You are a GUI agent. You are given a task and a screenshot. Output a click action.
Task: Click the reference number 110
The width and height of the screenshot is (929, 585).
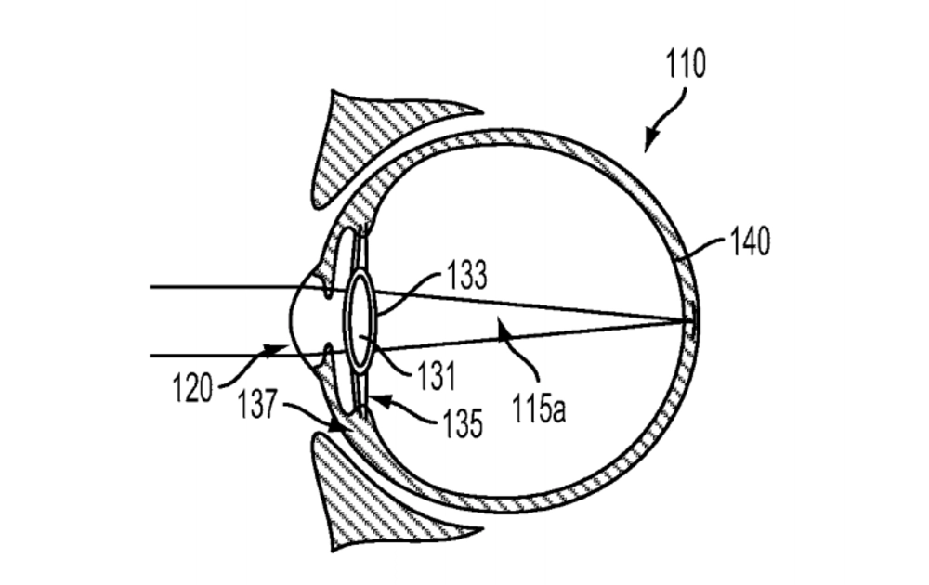[686, 65]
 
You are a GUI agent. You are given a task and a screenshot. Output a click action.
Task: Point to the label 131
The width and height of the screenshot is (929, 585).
[436, 375]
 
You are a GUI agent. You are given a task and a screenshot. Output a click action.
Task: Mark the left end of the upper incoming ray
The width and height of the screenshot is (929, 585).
[151, 288]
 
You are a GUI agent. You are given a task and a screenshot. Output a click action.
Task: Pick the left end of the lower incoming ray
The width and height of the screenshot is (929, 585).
[151, 355]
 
